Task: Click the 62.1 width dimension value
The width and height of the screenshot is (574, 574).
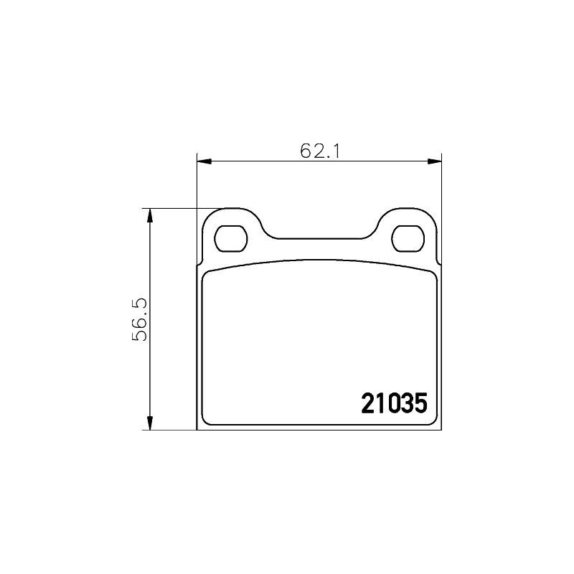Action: (x=320, y=151)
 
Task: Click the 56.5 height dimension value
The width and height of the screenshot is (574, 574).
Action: (x=139, y=319)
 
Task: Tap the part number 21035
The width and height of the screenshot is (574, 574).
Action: (x=394, y=403)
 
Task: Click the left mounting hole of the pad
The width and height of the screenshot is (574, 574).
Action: (x=230, y=239)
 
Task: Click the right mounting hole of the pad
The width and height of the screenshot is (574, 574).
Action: (x=408, y=239)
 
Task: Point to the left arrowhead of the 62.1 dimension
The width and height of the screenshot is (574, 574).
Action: (x=204, y=161)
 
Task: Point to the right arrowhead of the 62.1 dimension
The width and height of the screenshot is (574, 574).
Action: (x=434, y=161)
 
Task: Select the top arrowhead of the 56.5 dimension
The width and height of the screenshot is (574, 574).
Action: (x=149, y=216)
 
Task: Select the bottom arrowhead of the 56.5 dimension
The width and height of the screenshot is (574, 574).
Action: (x=149, y=423)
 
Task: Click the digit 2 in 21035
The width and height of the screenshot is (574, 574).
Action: (x=367, y=403)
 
